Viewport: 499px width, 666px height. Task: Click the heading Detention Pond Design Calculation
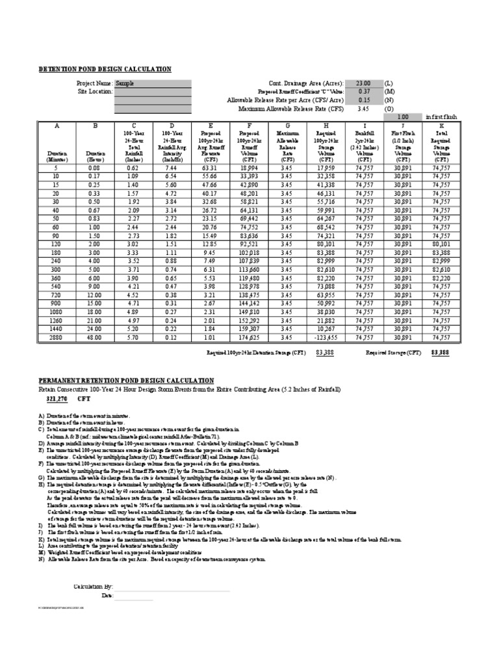pyautogui.click(x=105, y=69)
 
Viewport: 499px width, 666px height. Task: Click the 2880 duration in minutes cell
pyautogui.click(x=57, y=338)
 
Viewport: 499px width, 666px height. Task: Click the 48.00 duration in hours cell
pyautogui.click(x=95, y=338)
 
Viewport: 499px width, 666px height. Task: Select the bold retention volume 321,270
pyautogui.click(x=57, y=397)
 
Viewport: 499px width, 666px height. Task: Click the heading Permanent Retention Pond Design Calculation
pyautogui.click(x=126, y=380)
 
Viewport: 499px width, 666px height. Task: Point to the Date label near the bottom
pyautogui.click(x=107, y=596)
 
